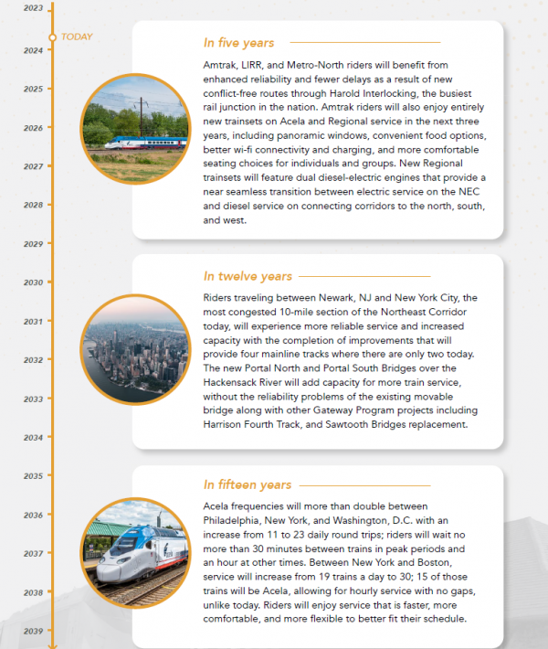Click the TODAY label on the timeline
pyautogui.click(x=77, y=37)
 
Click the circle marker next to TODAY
pyautogui.click(x=52, y=37)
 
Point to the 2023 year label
pyautogui.click(x=33, y=8)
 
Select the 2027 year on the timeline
pyautogui.click(x=33, y=166)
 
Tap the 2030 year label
pyautogui.click(x=33, y=282)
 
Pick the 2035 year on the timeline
pyautogui.click(x=33, y=475)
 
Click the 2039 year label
pyautogui.click(x=33, y=631)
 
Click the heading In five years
pyautogui.click(x=238, y=43)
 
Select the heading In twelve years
pyautogui.click(x=248, y=276)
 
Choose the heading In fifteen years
pyautogui.click(x=248, y=484)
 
